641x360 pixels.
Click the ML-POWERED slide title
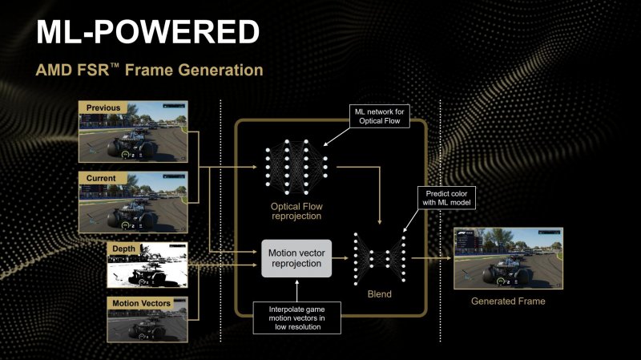point(148,32)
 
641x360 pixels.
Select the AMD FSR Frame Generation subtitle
point(149,71)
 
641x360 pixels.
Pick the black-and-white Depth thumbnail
point(147,265)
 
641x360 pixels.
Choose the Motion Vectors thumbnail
point(147,318)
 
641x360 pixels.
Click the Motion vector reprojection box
point(296,258)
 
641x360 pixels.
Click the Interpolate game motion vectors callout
point(296,316)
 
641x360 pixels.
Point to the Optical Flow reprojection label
point(296,211)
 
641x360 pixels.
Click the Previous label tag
point(102,107)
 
